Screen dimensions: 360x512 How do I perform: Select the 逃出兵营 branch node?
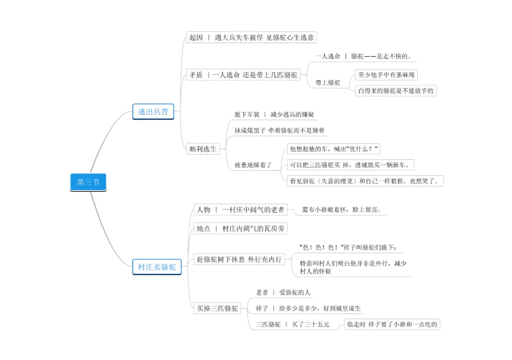pyautogui.click(x=153, y=112)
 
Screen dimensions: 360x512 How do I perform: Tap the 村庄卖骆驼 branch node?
pyautogui.click(x=156, y=267)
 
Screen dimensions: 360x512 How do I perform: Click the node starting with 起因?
pyautogui.click(x=251, y=37)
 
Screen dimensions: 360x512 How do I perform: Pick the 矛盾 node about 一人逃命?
pyautogui.click(x=244, y=74)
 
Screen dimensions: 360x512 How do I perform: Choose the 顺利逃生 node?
pyautogui.click(x=202, y=149)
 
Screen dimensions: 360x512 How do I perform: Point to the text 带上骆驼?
pyautogui.click(x=328, y=83)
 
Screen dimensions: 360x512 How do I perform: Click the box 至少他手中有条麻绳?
pyautogui.click(x=386, y=74)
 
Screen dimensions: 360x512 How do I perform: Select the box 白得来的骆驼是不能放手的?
pyautogui.click(x=395, y=90)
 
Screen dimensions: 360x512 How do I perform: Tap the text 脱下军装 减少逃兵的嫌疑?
pyautogui.click(x=274, y=115)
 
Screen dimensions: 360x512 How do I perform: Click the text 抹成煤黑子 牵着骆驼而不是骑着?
pyautogui.click(x=279, y=130)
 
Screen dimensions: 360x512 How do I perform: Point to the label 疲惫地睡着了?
pyautogui.click(x=253, y=165)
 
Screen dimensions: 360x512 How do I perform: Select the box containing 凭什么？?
pyautogui.click(x=334, y=149)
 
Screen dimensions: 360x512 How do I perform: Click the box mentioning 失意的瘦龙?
pyautogui.click(x=365, y=180)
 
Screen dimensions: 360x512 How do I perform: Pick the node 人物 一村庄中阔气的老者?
pyautogui.click(x=241, y=210)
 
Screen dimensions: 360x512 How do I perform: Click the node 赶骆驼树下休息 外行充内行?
pyautogui.click(x=239, y=259)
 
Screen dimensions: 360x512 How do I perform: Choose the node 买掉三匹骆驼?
pyautogui.click(x=217, y=308)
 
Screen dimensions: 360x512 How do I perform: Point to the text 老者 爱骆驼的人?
pyautogui.click(x=283, y=293)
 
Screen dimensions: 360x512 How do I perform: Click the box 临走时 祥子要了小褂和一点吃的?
pyautogui.click(x=392, y=324)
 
